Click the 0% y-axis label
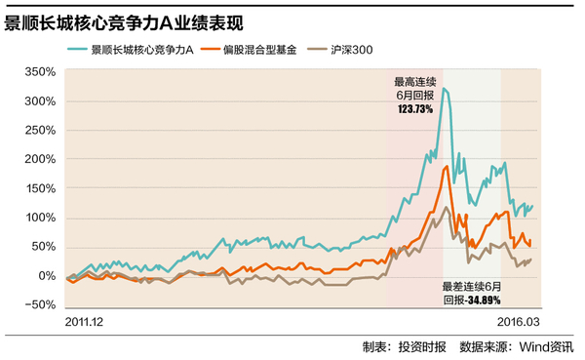(45, 276)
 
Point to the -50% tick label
(39, 304)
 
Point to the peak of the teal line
(444, 89)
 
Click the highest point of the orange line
(446, 167)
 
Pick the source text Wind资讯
(547, 346)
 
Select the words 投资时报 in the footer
(423, 346)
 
